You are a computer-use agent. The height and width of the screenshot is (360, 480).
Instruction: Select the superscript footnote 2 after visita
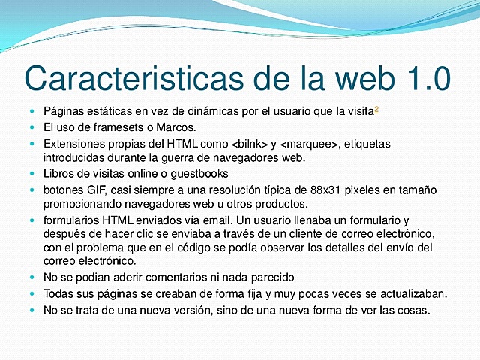(x=376, y=109)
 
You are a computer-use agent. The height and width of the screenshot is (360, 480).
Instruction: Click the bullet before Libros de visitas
(x=32, y=173)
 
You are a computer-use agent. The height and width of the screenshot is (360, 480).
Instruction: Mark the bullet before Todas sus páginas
(x=32, y=293)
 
